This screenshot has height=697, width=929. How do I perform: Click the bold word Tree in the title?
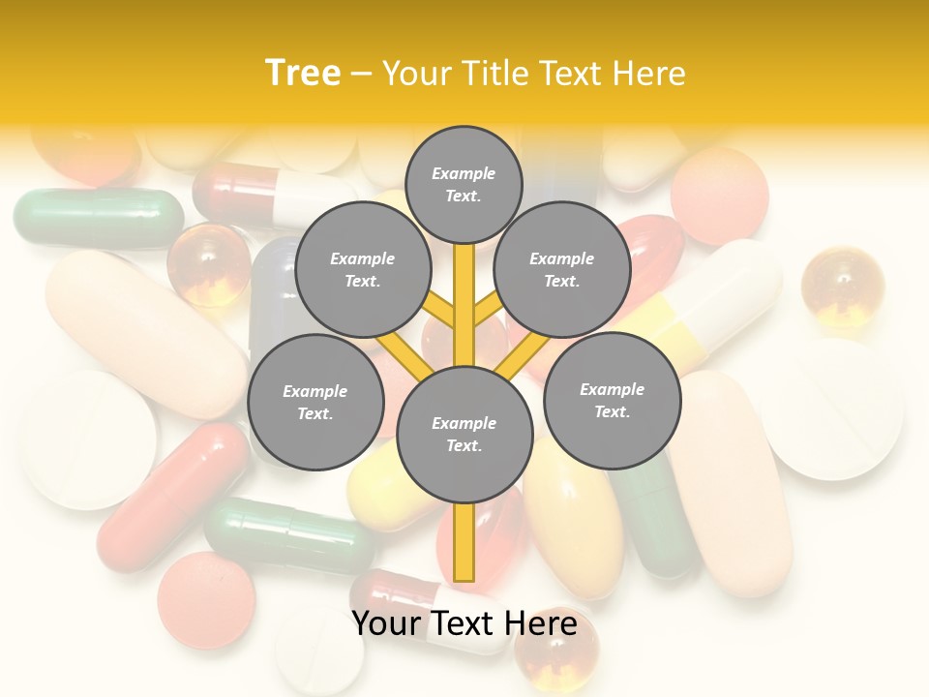(303, 73)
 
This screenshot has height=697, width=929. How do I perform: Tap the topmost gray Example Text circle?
(464, 184)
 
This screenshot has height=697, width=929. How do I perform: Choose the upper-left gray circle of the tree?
(362, 269)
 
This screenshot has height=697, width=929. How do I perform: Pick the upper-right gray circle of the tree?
(562, 269)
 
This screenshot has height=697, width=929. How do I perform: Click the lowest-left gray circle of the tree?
(315, 402)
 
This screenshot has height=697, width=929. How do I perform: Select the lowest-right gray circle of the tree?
(612, 400)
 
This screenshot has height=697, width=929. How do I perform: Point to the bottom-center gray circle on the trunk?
(464, 434)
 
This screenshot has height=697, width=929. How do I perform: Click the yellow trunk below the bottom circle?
(464, 542)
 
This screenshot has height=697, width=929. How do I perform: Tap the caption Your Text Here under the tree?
(464, 623)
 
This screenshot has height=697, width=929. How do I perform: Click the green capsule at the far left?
(97, 218)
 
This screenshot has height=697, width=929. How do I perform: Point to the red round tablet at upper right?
(719, 197)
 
